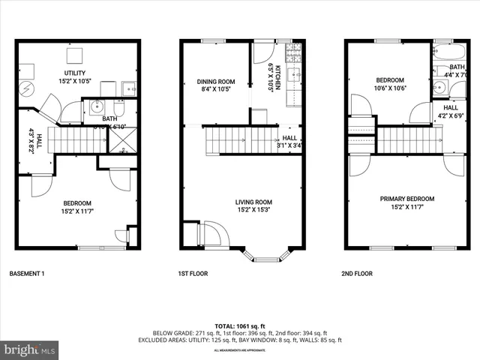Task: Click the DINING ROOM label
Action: point(216,82)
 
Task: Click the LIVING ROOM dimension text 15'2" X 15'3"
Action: point(242,210)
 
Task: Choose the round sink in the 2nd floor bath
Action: point(439,88)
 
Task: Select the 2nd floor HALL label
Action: point(450,107)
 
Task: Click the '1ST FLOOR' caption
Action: point(193,274)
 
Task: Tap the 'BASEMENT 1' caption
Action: point(27,274)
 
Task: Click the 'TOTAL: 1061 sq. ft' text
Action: point(240,325)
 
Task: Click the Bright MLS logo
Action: point(30,349)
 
